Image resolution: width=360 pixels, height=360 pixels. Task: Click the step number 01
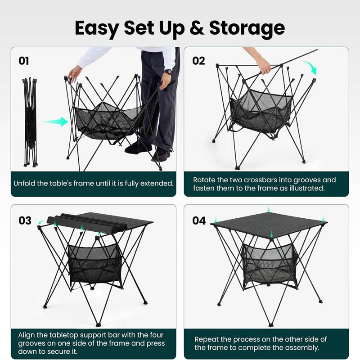(24, 61)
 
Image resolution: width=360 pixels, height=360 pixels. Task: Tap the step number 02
(198, 61)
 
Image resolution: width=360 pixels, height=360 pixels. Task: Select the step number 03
(25, 220)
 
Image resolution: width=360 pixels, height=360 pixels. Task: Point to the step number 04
(199, 220)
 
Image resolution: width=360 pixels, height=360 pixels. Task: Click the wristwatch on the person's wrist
(168, 72)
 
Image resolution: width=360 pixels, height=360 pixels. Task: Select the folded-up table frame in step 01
(29, 121)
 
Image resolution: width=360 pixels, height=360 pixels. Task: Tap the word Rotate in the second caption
(205, 180)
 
